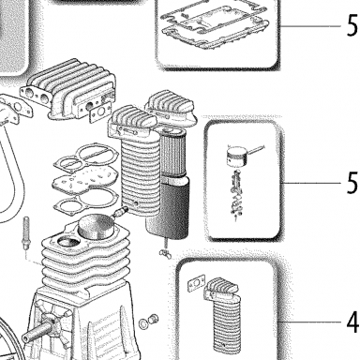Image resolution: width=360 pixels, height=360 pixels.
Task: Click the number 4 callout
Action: [x=353, y=322]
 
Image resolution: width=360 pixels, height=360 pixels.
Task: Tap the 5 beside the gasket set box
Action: [x=352, y=26]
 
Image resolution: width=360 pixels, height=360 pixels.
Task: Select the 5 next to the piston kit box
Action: [x=352, y=183]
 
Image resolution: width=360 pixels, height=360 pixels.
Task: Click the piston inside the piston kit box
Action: [x=236, y=156]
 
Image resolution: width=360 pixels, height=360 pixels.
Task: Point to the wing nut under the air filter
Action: [x=165, y=254]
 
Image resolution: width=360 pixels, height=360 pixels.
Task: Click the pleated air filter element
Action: [x=172, y=152]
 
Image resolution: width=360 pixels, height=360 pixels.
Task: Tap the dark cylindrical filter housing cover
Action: [x=169, y=208]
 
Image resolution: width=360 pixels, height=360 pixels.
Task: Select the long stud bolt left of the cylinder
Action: [x=26, y=233]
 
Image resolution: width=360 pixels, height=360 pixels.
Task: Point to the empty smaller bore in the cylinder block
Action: [x=68, y=242]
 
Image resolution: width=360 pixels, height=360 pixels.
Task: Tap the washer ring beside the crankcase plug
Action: [x=143, y=324]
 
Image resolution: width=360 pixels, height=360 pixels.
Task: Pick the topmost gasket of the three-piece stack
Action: [x=85, y=157]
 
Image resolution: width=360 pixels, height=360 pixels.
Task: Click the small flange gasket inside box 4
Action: [x=197, y=283]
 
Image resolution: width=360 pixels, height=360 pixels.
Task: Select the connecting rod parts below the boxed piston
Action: [x=236, y=195]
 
